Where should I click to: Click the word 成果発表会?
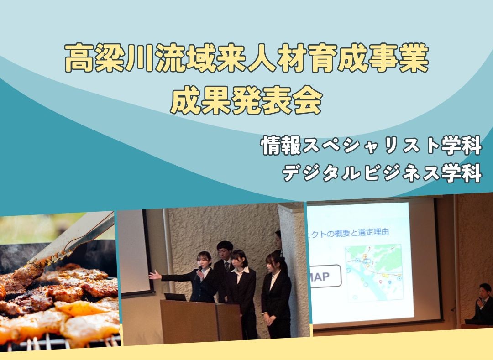coord(246,101)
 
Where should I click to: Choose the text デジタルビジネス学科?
coord(383,173)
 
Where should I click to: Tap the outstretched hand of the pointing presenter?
coord(154,275)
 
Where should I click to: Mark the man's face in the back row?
coord(224,250)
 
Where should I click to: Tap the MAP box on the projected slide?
coord(326,276)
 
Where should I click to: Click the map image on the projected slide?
coord(373,272)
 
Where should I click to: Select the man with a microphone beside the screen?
coord(483,303)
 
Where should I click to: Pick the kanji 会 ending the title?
coord(307,101)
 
